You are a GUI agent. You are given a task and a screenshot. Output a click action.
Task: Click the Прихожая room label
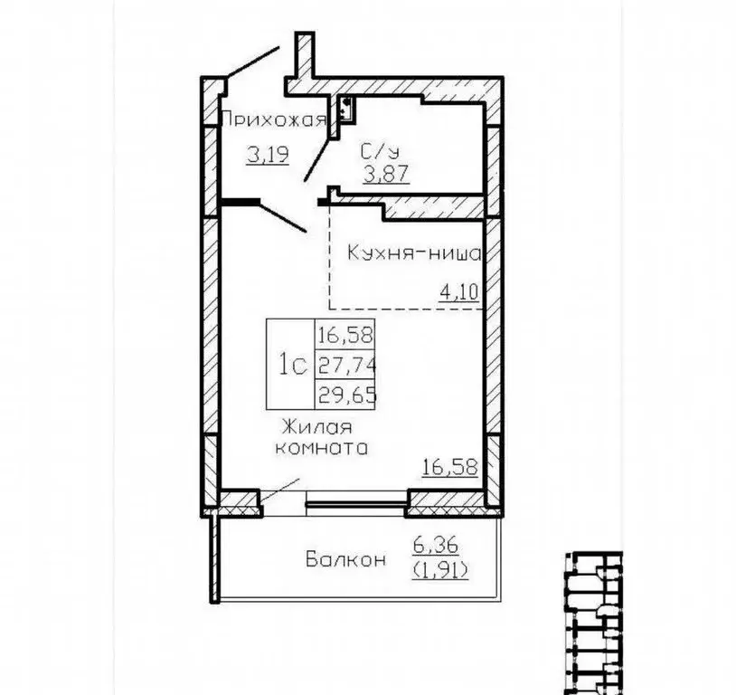click(273, 120)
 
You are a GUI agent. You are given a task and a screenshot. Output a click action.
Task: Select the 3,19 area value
click(268, 154)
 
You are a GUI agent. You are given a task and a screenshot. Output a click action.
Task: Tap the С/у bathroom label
click(380, 151)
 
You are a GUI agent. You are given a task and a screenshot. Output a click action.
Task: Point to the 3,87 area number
click(387, 175)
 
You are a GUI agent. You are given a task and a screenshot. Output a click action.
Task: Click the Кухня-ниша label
click(414, 253)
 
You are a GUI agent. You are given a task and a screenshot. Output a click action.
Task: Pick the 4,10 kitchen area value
click(458, 292)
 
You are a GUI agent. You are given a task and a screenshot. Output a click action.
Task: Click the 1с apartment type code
click(293, 365)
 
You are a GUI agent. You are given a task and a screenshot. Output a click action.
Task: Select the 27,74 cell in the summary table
click(347, 365)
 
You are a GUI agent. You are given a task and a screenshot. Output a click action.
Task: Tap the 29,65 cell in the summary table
click(347, 395)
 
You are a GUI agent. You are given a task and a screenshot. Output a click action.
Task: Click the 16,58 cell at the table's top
click(346, 335)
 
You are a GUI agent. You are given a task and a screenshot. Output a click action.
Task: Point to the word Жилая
click(316, 428)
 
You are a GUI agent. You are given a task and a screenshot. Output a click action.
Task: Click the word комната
click(321, 448)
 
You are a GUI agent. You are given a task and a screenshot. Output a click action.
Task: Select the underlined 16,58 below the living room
click(450, 468)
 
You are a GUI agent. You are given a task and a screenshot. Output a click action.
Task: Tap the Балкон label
click(346, 559)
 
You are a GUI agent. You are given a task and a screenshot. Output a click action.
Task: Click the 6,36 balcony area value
click(435, 546)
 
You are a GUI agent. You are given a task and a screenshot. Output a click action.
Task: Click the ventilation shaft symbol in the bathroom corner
click(347, 109)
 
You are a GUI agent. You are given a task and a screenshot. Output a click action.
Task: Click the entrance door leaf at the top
click(253, 62)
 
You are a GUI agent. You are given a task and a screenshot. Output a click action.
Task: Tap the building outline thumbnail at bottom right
click(594, 624)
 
